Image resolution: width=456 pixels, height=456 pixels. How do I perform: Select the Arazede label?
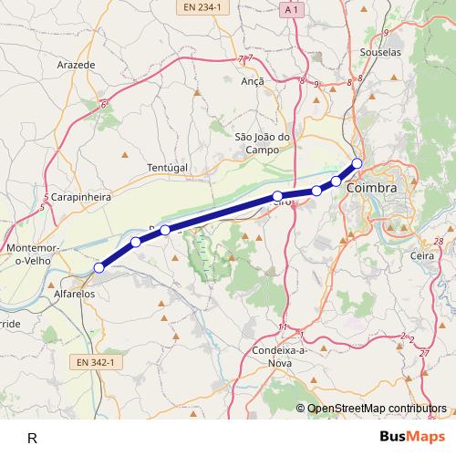point(76,66)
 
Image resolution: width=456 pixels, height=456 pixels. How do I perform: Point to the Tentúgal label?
point(167,169)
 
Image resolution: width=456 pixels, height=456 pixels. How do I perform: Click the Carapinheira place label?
point(80,196)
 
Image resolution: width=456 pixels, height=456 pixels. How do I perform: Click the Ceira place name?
point(422,257)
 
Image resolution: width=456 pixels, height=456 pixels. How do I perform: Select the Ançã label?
point(252,81)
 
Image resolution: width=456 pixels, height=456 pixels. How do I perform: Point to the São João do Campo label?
point(262,143)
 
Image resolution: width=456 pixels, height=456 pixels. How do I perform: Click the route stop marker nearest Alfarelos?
point(99,268)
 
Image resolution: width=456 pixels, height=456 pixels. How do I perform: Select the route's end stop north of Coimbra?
point(358,163)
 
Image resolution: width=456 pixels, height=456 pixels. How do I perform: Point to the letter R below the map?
point(32,439)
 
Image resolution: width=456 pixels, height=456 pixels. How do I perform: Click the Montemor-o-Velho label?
point(33,254)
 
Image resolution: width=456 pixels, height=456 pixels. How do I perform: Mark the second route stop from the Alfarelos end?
point(136,242)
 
